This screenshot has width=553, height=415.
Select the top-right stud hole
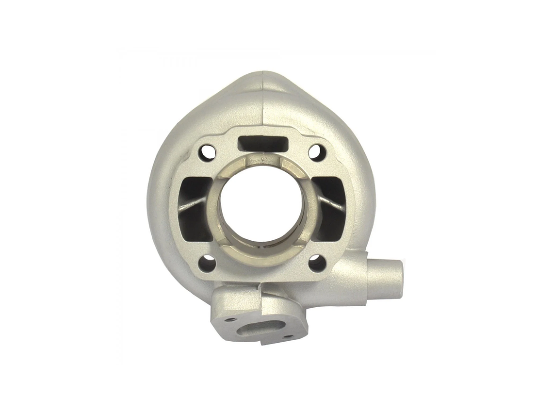[x=316, y=152]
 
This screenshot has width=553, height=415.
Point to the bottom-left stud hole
[x=207, y=264]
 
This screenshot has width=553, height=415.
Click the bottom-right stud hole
[x=317, y=263]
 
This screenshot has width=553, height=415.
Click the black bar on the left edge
[x=34, y=207]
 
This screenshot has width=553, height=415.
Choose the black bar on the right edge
[x=518, y=207]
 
